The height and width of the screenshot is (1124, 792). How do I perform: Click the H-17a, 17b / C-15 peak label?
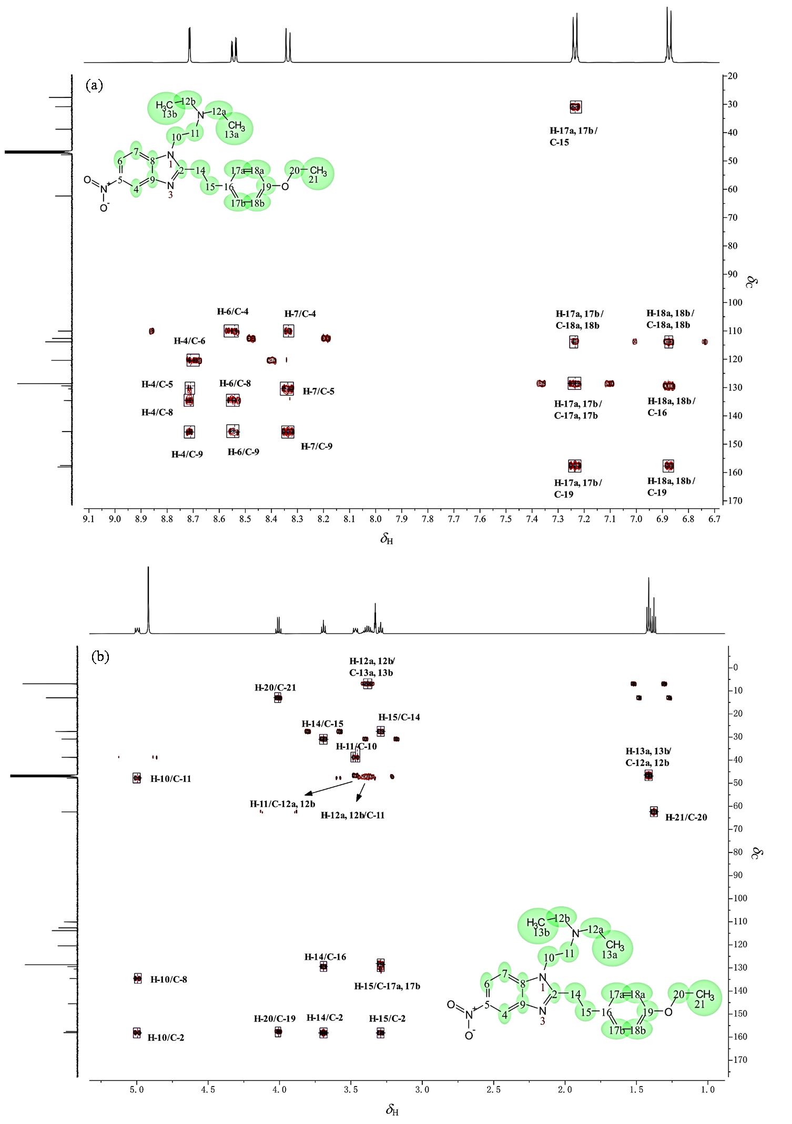pos(573,136)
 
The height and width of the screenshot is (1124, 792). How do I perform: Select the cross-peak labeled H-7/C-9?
pos(288,432)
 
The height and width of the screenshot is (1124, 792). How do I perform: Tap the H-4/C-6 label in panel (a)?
pos(189,341)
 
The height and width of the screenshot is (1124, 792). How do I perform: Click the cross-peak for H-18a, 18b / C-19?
pos(668,466)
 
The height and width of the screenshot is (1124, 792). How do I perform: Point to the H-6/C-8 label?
pos(235,383)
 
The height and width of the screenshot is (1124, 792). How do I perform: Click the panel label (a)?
pos(94,85)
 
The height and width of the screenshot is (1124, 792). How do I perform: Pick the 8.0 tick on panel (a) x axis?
pos(375,519)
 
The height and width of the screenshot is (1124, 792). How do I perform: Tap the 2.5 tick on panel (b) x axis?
pos(493,1090)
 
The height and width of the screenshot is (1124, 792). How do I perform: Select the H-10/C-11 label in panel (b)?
pos(170,779)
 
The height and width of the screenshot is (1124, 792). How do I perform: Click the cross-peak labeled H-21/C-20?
pos(654,811)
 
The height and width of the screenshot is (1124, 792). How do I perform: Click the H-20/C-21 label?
pos(275,687)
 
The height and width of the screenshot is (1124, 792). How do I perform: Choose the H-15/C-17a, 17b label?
pos(387,986)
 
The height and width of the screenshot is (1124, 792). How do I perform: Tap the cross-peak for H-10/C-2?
pos(137,1032)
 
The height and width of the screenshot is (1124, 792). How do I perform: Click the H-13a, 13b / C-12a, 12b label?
pos(647,757)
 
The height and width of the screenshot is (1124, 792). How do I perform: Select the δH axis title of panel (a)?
pos(387,539)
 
